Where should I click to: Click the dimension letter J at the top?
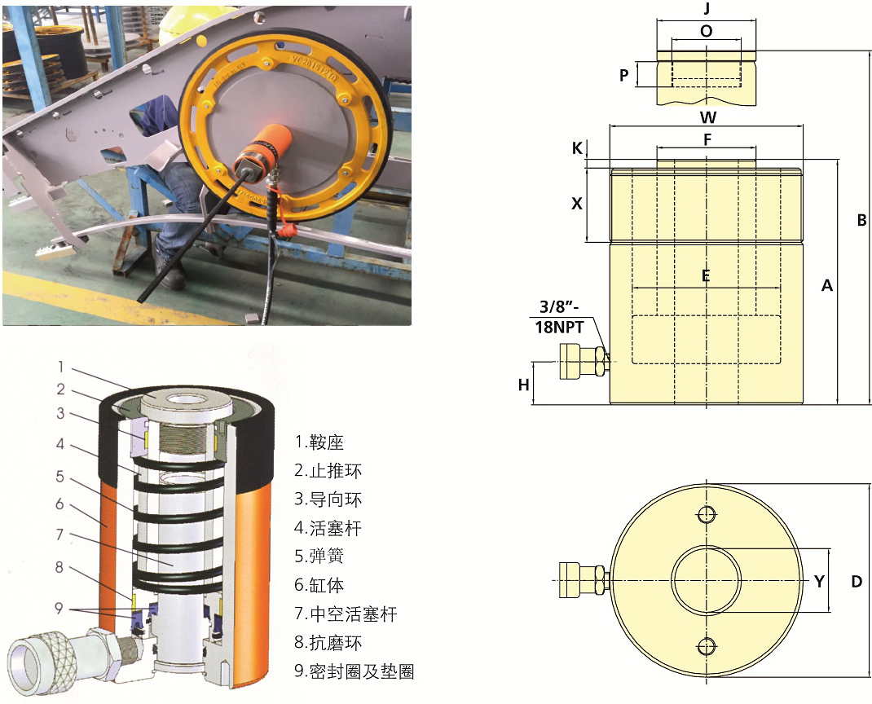[x=707, y=9]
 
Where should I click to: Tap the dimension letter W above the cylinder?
[x=707, y=117]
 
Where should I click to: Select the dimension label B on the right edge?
[x=861, y=221]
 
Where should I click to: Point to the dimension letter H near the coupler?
[x=523, y=385]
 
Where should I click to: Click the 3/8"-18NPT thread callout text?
[x=560, y=317]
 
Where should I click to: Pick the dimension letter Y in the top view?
[x=819, y=582]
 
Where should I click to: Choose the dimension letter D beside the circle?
[x=857, y=582]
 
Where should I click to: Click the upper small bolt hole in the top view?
[x=707, y=514]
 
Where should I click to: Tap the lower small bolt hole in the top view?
[x=707, y=646]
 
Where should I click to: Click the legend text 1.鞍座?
[x=319, y=442]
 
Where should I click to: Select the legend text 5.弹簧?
[x=319, y=556]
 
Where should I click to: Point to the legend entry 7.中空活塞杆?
[x=346, y=614]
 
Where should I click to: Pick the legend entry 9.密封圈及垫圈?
[x=355, y=671]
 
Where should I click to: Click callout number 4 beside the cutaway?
[x=60, y=444]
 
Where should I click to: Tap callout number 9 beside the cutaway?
[x=59, y=609]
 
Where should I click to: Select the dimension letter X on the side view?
[x=577, y=204]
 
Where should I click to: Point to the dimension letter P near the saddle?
[x=624, y=75]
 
